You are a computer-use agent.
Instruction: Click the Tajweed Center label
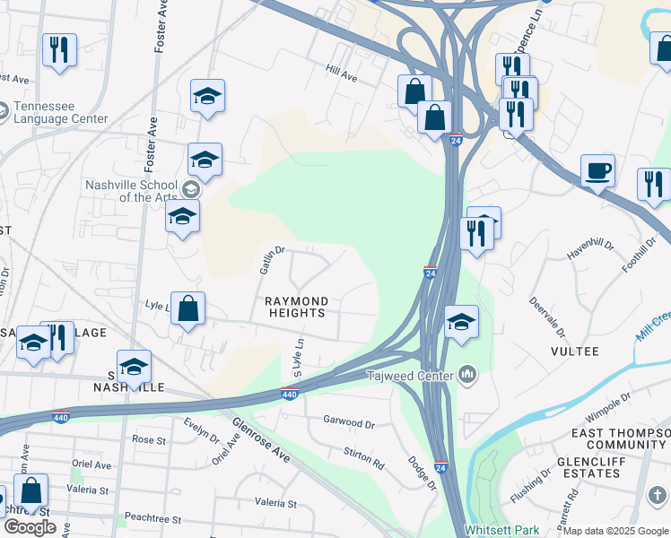[x=409, y=375]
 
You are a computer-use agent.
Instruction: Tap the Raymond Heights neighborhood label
[x=295, y=307]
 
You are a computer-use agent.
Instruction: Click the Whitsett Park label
[x=498, y=531]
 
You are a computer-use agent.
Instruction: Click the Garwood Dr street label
[x=349, y=421]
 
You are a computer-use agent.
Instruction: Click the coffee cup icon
[x=597, y=170]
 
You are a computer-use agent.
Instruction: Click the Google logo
[x=30, y=527]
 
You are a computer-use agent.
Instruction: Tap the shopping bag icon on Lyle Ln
[x=187, y=309]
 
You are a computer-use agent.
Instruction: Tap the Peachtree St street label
[x=152, y=519]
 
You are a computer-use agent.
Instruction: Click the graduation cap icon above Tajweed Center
[x=461, y=322]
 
